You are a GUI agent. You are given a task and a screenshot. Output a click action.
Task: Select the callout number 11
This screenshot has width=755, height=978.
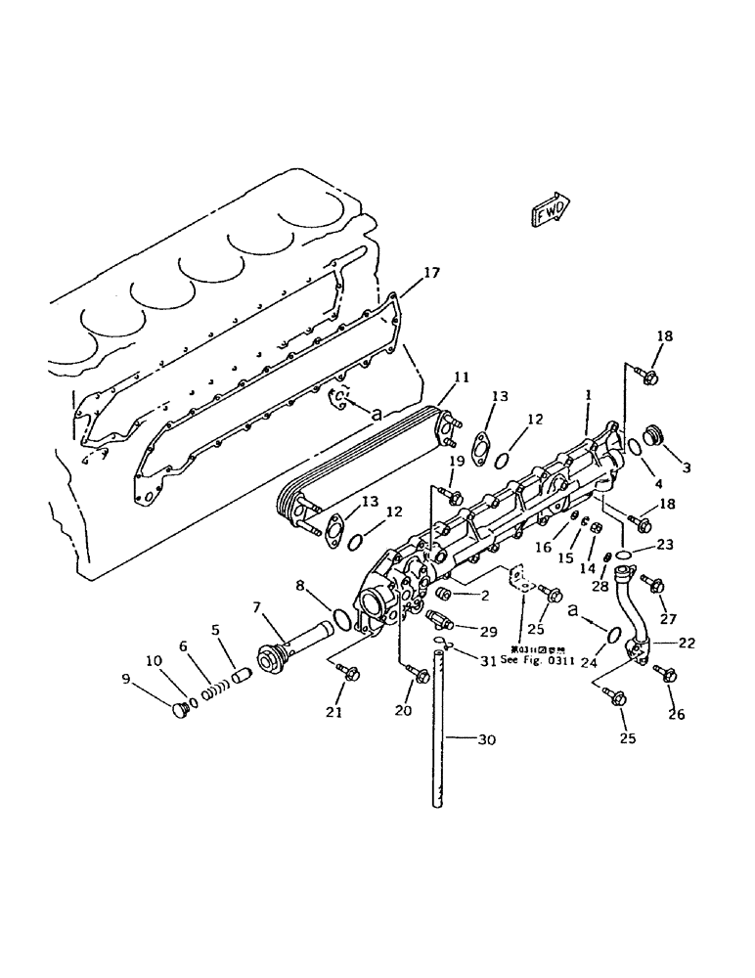tap(462, 376)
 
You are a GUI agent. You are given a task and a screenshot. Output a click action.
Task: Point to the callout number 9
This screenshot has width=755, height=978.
tap(126, 678)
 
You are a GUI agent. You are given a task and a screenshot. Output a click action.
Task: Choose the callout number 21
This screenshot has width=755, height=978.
tap(333, 713)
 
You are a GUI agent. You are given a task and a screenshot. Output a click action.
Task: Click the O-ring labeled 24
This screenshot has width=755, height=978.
tap(612, 634)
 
